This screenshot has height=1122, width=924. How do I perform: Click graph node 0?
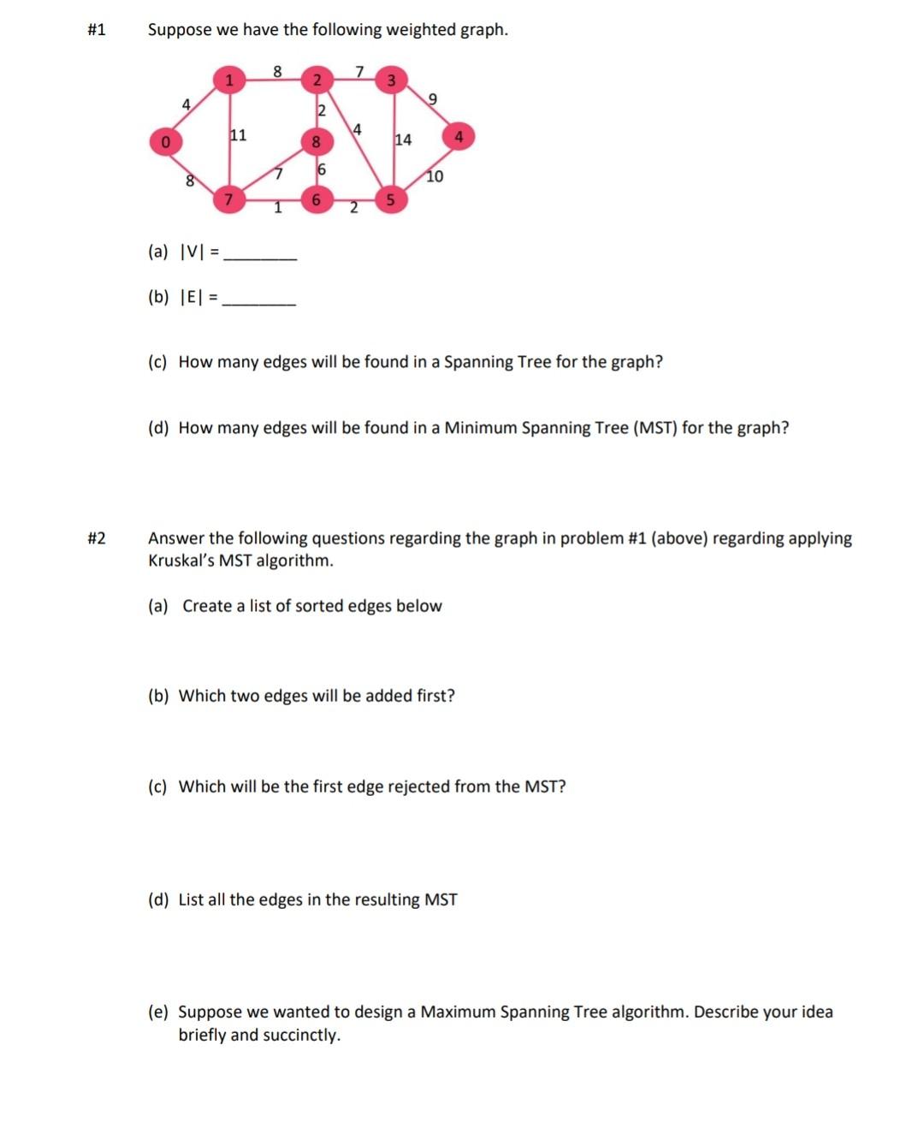[166, 141]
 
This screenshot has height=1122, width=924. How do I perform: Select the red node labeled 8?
[316, 141]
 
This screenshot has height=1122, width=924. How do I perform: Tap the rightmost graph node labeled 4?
[459, 137]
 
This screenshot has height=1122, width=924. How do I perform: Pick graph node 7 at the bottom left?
[228, 200]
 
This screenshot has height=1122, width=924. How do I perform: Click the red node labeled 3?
[391, 81]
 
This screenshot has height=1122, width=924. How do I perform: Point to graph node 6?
[317, 200]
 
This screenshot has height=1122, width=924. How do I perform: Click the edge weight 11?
[238, 134]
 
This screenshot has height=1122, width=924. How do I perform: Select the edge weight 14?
[403, 140]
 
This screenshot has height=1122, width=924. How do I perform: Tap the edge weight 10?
[435, 176]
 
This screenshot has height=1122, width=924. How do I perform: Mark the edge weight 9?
[432, 99]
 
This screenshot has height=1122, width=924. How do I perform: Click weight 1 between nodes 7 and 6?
[277, 208]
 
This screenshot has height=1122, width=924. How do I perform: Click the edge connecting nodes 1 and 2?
[272, 81]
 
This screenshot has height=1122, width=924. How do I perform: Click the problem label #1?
[97, 30]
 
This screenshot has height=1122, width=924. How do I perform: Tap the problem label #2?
[97, 538]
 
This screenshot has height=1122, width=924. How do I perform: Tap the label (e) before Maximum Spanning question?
[158, 1012]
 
